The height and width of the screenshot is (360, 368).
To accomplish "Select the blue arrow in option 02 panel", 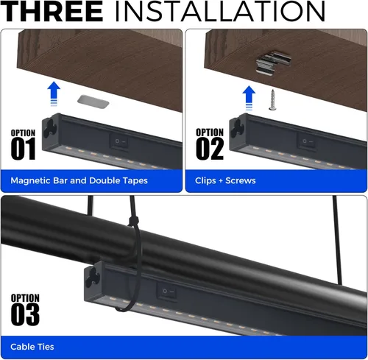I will [x=250, y=97].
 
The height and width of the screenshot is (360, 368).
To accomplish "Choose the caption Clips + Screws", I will [x=225, y=180].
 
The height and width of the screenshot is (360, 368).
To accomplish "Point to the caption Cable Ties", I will [x=32, y=346].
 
